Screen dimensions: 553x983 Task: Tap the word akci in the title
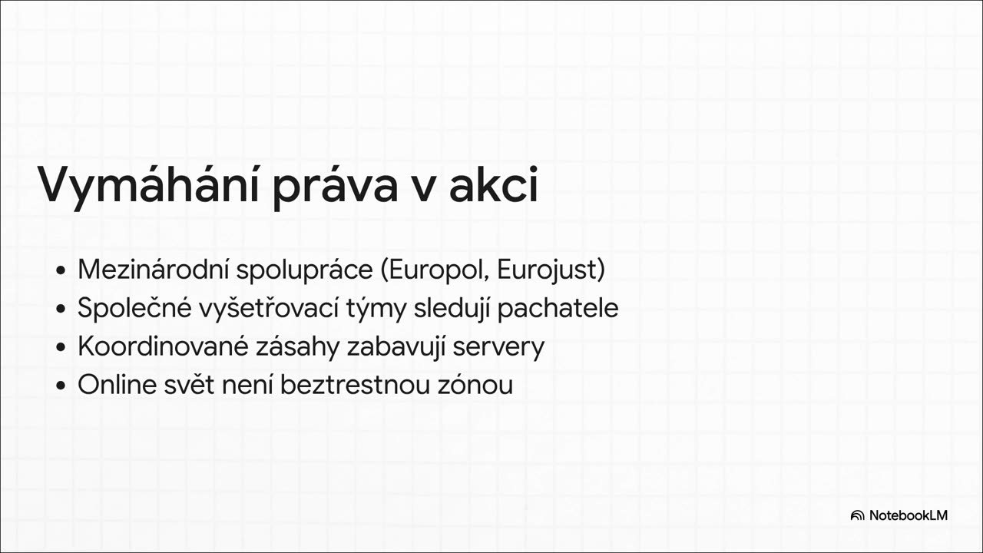click(x=493, y=187)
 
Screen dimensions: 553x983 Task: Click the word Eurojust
click(x=550, y=270)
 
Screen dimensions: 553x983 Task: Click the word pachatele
click(x=558, y=309)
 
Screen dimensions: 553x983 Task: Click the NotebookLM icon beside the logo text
click(x=857, y=515)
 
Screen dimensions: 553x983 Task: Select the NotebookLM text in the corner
click(x=909, y=515)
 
